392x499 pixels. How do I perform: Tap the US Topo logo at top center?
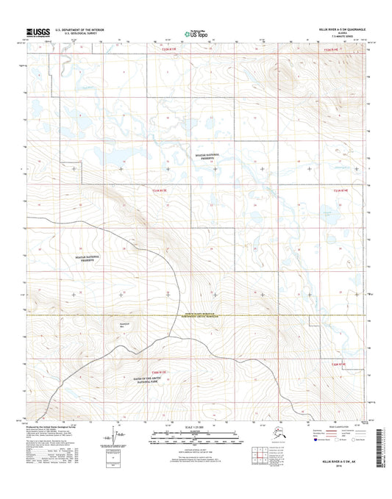196,33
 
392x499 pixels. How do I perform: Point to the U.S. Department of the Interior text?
84,30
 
